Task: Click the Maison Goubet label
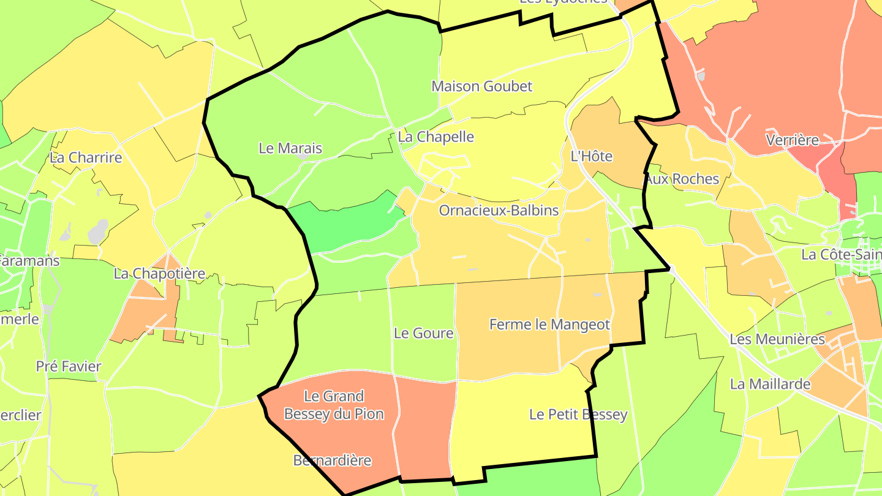(x=482, y=86)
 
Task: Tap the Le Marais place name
(x=290, y=148)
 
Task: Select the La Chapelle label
(x=435, y=137)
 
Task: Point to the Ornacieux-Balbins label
(x=499, y=211)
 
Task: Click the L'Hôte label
(x=591, y=156)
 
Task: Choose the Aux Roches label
(x=682, y=179)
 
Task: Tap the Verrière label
(x=792, y=140)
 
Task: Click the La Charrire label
(x=86, y=158)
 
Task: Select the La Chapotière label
(x=159, y=274)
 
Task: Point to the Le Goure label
(x=423, y=333)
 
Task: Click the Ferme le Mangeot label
(x=549, y=325)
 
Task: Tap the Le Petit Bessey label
(x=578, y=415)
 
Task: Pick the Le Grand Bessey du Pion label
(x=334, y=405)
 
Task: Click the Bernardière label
(x=332, y=460)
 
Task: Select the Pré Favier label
(x=69, y=367)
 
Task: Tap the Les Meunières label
(x=777, y=339)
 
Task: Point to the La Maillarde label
(x=770, y=385)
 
